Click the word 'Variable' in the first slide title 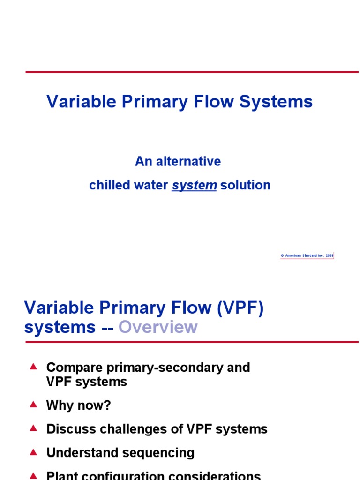[x=76, y=101]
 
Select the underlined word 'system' [x=194, y=185]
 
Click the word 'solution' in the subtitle [x=245, y=185]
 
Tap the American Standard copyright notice [x=307, y=255]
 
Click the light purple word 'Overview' [x=158, y=327]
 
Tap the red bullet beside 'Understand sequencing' [x=33, y=452]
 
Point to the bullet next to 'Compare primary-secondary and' [x=33, y=367]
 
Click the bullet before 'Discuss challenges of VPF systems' [x=33, y=428]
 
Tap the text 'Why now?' [x=78, y=405]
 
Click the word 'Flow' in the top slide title [x=217, y=101]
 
